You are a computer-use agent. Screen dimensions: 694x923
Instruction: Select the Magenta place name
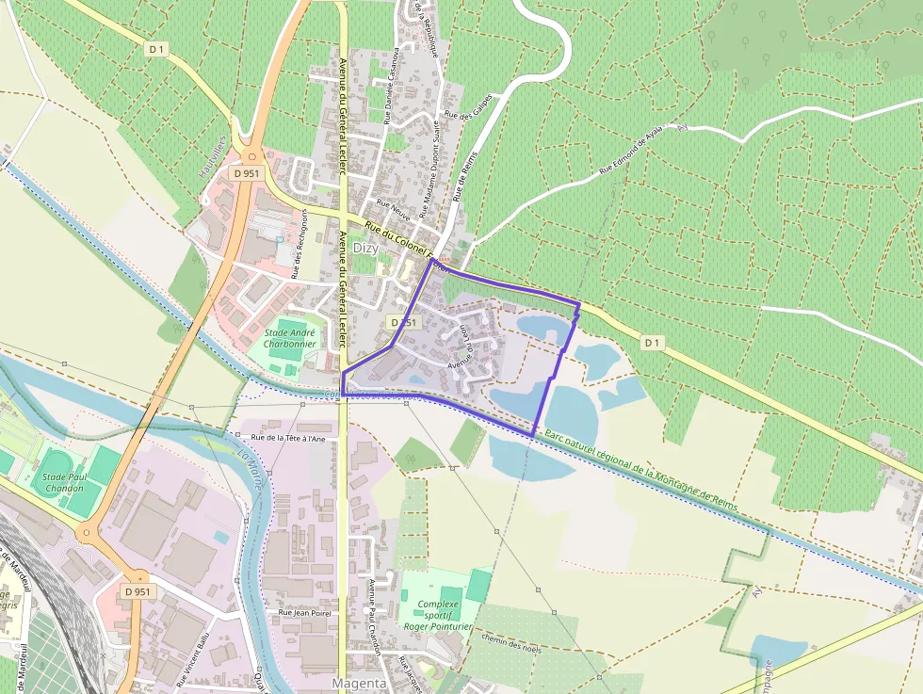(360, 683)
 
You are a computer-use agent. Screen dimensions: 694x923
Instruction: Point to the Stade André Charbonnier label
(289, 338)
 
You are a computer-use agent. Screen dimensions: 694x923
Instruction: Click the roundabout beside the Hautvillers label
(251, 157)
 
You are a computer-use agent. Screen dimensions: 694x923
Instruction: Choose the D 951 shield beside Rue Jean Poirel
(137, 591)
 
